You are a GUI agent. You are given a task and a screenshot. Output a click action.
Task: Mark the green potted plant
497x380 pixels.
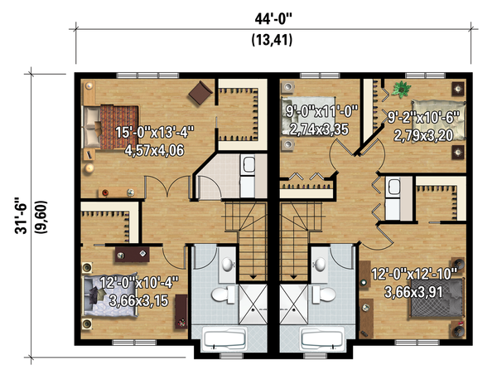[403, 88]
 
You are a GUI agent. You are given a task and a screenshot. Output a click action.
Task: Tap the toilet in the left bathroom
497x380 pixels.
[222, 295]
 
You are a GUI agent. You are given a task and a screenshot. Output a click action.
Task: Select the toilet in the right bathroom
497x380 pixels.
[326, 295]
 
